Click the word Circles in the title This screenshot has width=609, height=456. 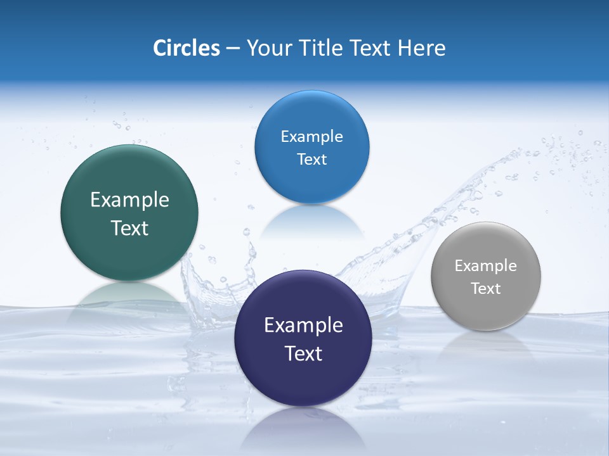pyautogui.click(x=187, y=48)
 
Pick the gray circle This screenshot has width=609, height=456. pyautogui.click(x=486, y=310)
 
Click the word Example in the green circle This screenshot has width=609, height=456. pyautogui.click(x=129, y=200)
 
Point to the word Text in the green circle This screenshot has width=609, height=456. pyautogui.click(x=129, y=228)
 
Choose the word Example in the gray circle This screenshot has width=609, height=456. pyautogui.click(x=486, y=266)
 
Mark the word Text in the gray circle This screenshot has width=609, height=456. pyautogui.click(x=486, y=289)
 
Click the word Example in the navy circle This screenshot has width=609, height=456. pyautogui.click(x=303, y=326)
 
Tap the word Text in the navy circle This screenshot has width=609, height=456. pyautogui.click(x=303, y=353)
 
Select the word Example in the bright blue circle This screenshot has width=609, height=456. pyautogui.click(x=311, y=137)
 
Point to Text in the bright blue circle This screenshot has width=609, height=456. pyautogui.click(x=311, y=160)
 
